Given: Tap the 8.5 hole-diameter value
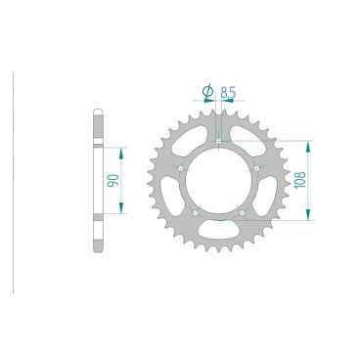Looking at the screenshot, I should click(x=229, y=94).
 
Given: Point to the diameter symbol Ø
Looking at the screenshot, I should click(x=207, y=94).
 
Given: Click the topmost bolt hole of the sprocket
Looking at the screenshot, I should click(x=217, y=143).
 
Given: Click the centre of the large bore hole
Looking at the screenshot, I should click(x=218, y=183).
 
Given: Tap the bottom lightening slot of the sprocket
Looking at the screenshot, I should click(x=218, y=232).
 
